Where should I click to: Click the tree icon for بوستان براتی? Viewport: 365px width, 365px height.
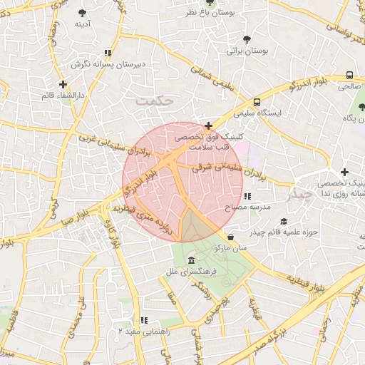[x=247, y=39]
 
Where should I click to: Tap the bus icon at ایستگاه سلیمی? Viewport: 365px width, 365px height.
[x=257, y=102]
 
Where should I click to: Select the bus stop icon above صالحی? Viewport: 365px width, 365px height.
[x=349, y=75]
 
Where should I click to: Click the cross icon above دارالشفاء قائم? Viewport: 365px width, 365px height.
[x=63, y=84]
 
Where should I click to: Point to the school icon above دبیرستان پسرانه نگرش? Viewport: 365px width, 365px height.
[x=108, y=53]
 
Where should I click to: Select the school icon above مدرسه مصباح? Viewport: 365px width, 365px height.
[x=247, y=196]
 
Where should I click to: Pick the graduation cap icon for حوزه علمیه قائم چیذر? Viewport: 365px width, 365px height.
[x=284, y=222]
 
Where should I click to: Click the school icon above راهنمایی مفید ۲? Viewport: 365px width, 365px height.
[x=144, y=321]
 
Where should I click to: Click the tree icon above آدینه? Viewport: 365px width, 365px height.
[x=83, y=13]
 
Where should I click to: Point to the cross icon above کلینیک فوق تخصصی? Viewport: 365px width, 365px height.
[x=208, y=125]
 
